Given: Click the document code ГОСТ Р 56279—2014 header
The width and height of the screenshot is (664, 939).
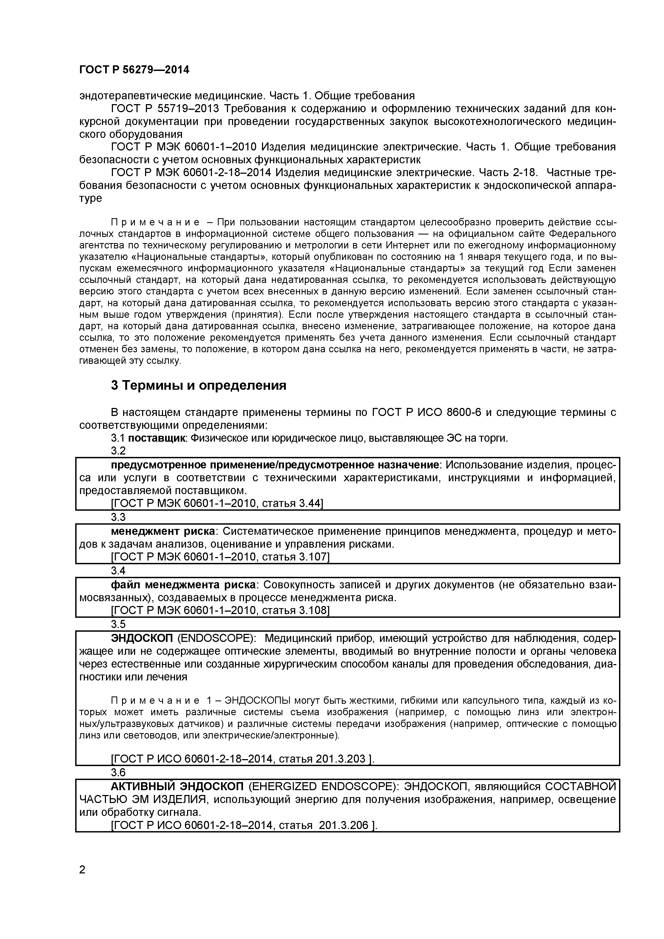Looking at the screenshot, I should pyautogui.click(x=134, y=70).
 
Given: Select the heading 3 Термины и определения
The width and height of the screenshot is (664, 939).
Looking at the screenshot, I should pyautogui.click(x=199, y=385).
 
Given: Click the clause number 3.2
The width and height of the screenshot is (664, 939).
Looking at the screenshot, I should pyautogui.click(x=118, y=451).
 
